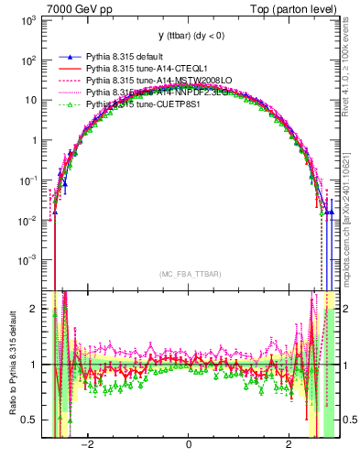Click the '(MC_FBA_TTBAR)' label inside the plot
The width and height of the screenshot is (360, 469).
pos(188,274)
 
